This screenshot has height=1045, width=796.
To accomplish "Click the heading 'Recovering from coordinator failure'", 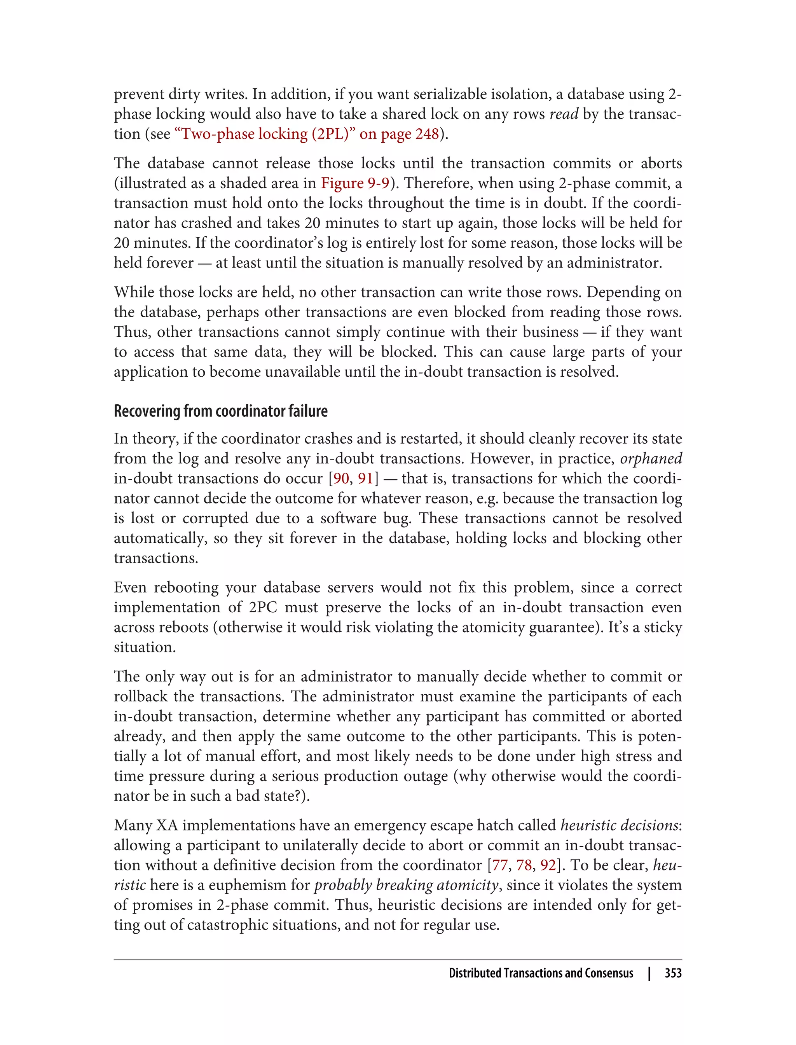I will click(220, 411).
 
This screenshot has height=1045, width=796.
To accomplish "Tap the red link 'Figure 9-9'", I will click(355, 183).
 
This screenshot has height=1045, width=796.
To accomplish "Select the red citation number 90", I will click(341, 479).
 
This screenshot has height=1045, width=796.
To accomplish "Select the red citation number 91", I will click(365, 479).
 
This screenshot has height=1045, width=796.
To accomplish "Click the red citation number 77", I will click(500, 865).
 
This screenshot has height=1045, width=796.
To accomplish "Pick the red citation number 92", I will click(548, 865).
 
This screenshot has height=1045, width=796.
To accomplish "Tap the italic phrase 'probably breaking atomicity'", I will click(406, 885).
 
